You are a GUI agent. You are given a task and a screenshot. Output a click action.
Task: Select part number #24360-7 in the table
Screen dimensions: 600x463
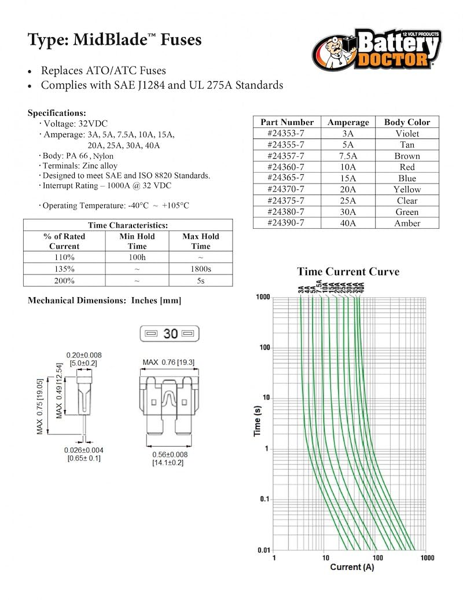286,167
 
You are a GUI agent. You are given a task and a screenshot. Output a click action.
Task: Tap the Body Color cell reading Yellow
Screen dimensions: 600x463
407,189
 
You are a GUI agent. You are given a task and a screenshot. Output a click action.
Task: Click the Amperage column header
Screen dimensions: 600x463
348,122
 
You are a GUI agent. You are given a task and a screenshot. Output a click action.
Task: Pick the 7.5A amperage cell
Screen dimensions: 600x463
348,156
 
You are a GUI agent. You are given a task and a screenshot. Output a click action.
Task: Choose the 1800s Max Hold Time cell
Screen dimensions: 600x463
201,269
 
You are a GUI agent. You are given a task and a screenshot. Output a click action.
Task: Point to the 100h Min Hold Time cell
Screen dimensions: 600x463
137,258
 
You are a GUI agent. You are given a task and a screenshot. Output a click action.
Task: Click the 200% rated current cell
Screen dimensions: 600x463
64,280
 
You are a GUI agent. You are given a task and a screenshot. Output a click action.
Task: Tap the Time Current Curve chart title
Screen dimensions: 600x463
348,272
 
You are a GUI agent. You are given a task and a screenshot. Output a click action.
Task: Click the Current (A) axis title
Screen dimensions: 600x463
352,567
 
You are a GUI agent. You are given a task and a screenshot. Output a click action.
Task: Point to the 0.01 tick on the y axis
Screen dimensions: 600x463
263,550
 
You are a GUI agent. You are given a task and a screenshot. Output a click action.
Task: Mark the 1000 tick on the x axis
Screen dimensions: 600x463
427,558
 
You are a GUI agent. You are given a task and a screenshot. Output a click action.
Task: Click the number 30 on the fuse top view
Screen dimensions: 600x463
170,334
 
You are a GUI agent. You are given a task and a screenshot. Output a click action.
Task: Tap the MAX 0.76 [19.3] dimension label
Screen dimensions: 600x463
168,363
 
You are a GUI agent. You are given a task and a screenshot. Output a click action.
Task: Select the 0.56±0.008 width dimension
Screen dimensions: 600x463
170,455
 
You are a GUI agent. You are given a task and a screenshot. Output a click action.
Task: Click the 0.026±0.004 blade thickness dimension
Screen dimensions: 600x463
84,450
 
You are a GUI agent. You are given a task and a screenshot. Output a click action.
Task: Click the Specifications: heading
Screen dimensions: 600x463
57,113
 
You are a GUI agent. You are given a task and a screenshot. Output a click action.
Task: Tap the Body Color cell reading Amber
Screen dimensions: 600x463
407,223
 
